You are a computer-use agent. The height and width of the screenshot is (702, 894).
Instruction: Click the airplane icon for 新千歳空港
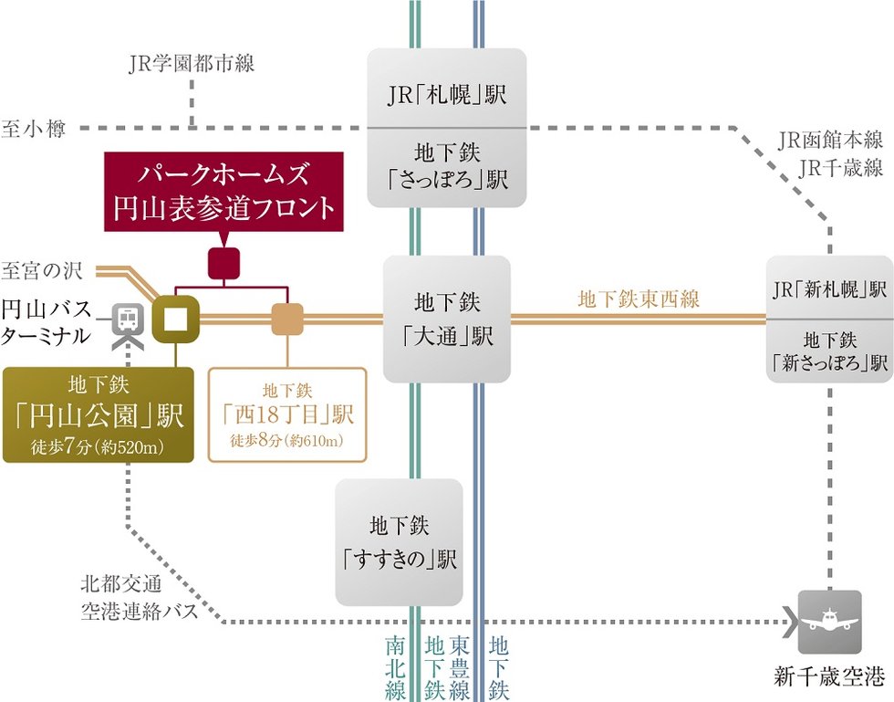(829, 623)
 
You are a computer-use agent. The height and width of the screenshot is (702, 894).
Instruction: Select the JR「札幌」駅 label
(446, 94)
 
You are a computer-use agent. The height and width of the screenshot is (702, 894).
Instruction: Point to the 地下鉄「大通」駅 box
(446, 319)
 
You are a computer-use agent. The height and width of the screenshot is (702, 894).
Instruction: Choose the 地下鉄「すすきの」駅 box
(399, 542)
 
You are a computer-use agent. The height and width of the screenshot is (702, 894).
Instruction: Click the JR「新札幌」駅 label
(829, 289)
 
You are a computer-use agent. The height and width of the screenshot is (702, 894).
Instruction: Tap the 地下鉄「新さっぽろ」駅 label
(829, 351)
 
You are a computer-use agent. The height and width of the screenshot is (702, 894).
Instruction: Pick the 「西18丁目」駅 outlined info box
(287, 415)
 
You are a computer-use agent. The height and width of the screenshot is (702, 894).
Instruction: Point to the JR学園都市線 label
(192, 64)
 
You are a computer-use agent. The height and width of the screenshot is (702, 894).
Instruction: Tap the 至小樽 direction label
(34, 130)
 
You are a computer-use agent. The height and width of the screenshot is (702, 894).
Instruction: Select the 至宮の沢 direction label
(42, 270)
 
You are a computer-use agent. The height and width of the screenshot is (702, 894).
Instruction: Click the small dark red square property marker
(223, 263)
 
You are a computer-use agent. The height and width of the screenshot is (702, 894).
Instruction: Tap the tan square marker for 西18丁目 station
(287, 319)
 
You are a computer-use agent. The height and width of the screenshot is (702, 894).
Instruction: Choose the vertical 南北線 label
(396, 666)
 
